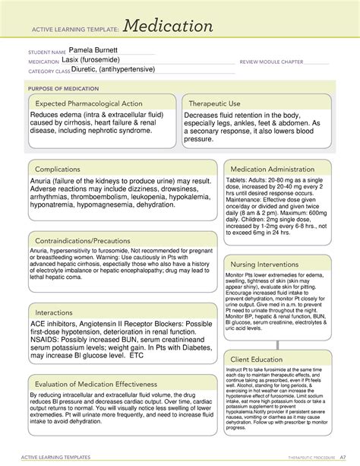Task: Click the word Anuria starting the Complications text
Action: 43,182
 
